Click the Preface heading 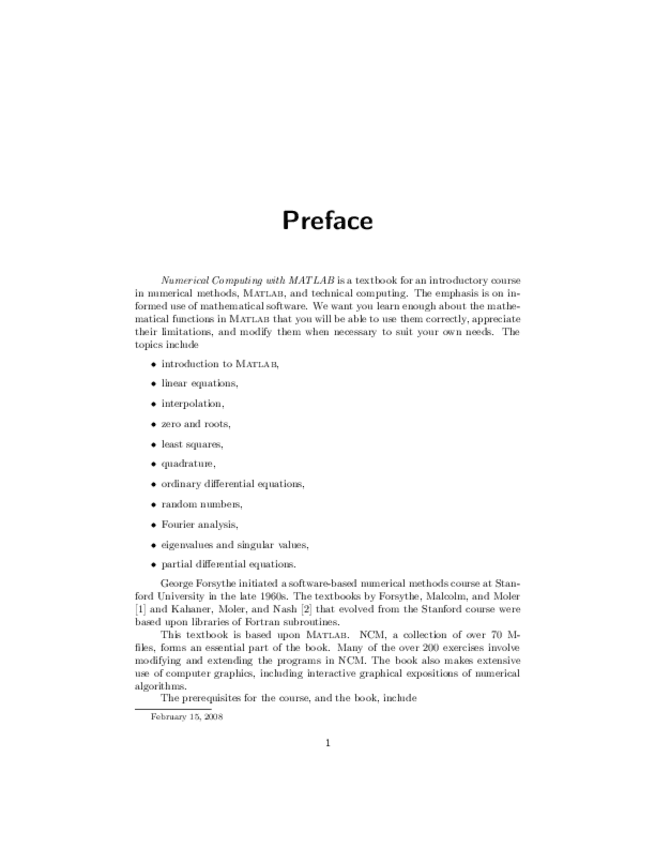tap(327, 221)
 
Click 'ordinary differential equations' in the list tap(233, 484)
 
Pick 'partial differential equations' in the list tap(228, 564)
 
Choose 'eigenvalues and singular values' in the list tap(235, 544)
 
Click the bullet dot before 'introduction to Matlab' tap(153, 364)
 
